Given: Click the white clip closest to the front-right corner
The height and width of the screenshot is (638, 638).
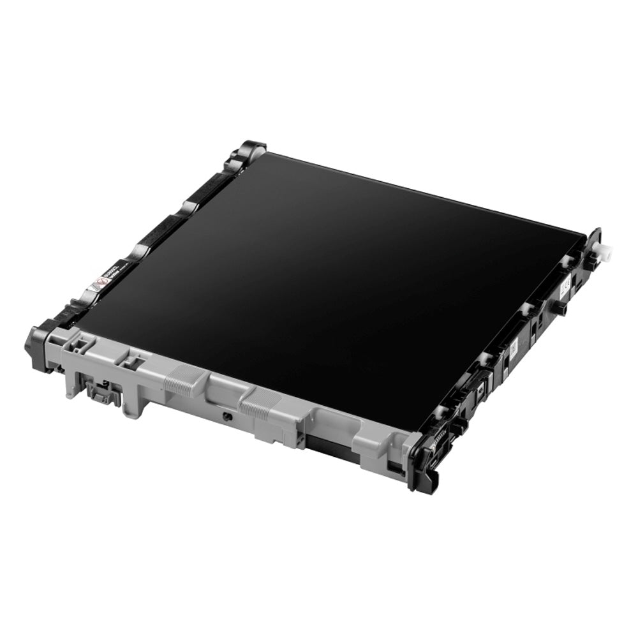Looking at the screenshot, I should [440, 411].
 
